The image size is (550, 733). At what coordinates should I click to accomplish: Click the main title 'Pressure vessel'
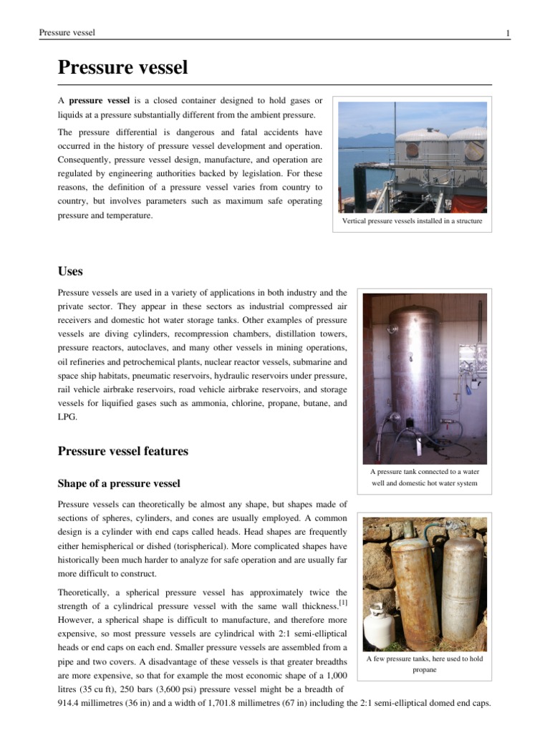click(x=122, y=68)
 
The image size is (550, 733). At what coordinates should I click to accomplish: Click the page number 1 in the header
click(x=508, y=33)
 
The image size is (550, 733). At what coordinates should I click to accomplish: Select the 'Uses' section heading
click(x=70, y=271)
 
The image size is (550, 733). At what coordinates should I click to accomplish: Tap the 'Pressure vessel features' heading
click(x=122, y=451)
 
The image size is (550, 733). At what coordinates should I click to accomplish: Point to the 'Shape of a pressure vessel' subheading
click(x=118, y=483)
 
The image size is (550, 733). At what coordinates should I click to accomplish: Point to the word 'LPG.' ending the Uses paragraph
click(x=67, y=417)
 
